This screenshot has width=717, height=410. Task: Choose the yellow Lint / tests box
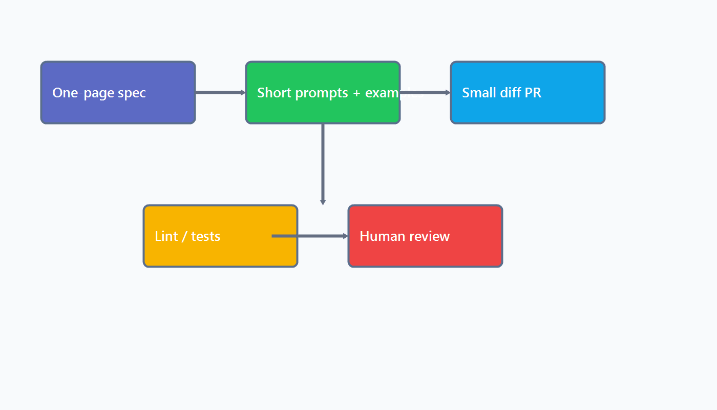220,251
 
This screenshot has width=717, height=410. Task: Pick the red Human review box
425,251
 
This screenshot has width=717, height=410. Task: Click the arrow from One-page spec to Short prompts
220,93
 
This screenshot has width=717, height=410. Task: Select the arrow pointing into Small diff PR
425,93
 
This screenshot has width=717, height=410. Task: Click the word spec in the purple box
132,93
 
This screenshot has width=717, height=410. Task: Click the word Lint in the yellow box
166,236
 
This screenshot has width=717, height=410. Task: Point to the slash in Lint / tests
184,236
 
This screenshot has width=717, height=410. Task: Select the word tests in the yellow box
206,236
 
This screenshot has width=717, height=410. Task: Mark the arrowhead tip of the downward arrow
323,204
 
